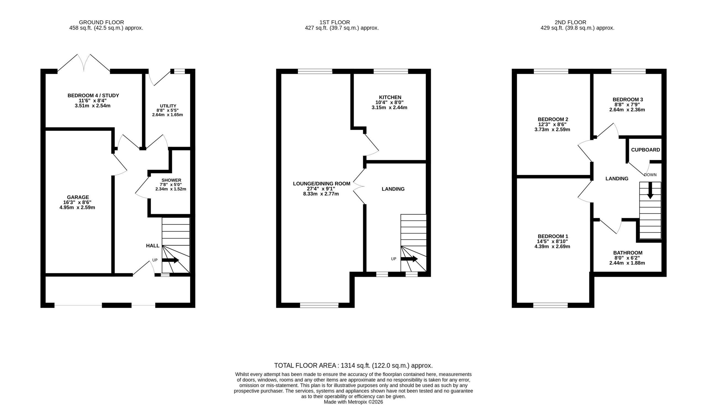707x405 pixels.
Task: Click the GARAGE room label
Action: click(78, 197)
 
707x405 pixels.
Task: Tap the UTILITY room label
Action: click(168, 106)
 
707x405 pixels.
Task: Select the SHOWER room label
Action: click(172, 180)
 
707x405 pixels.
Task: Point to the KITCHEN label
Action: click(390, 97)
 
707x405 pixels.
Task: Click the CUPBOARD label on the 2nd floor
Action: click(646, 150)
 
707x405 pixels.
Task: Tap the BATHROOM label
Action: click(628, 253)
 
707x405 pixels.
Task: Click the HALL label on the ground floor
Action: click(153, 245)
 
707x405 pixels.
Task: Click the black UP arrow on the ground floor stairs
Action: click(170, 260)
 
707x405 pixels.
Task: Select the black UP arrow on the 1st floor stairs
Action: click(409, 259)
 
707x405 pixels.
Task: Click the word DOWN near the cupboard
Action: click(650, 175)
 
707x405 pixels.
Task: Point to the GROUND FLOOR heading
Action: click(101, 22)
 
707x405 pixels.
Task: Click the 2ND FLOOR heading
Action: click(570, 22)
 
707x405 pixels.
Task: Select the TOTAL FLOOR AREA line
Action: click(353, 365)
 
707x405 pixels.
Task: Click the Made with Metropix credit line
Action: click(353, 402)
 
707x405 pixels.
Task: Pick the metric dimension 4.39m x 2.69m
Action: click(552, 246)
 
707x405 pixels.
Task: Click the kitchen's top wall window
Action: click(391, 71)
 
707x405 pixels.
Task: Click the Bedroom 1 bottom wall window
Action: click(550, 305)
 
